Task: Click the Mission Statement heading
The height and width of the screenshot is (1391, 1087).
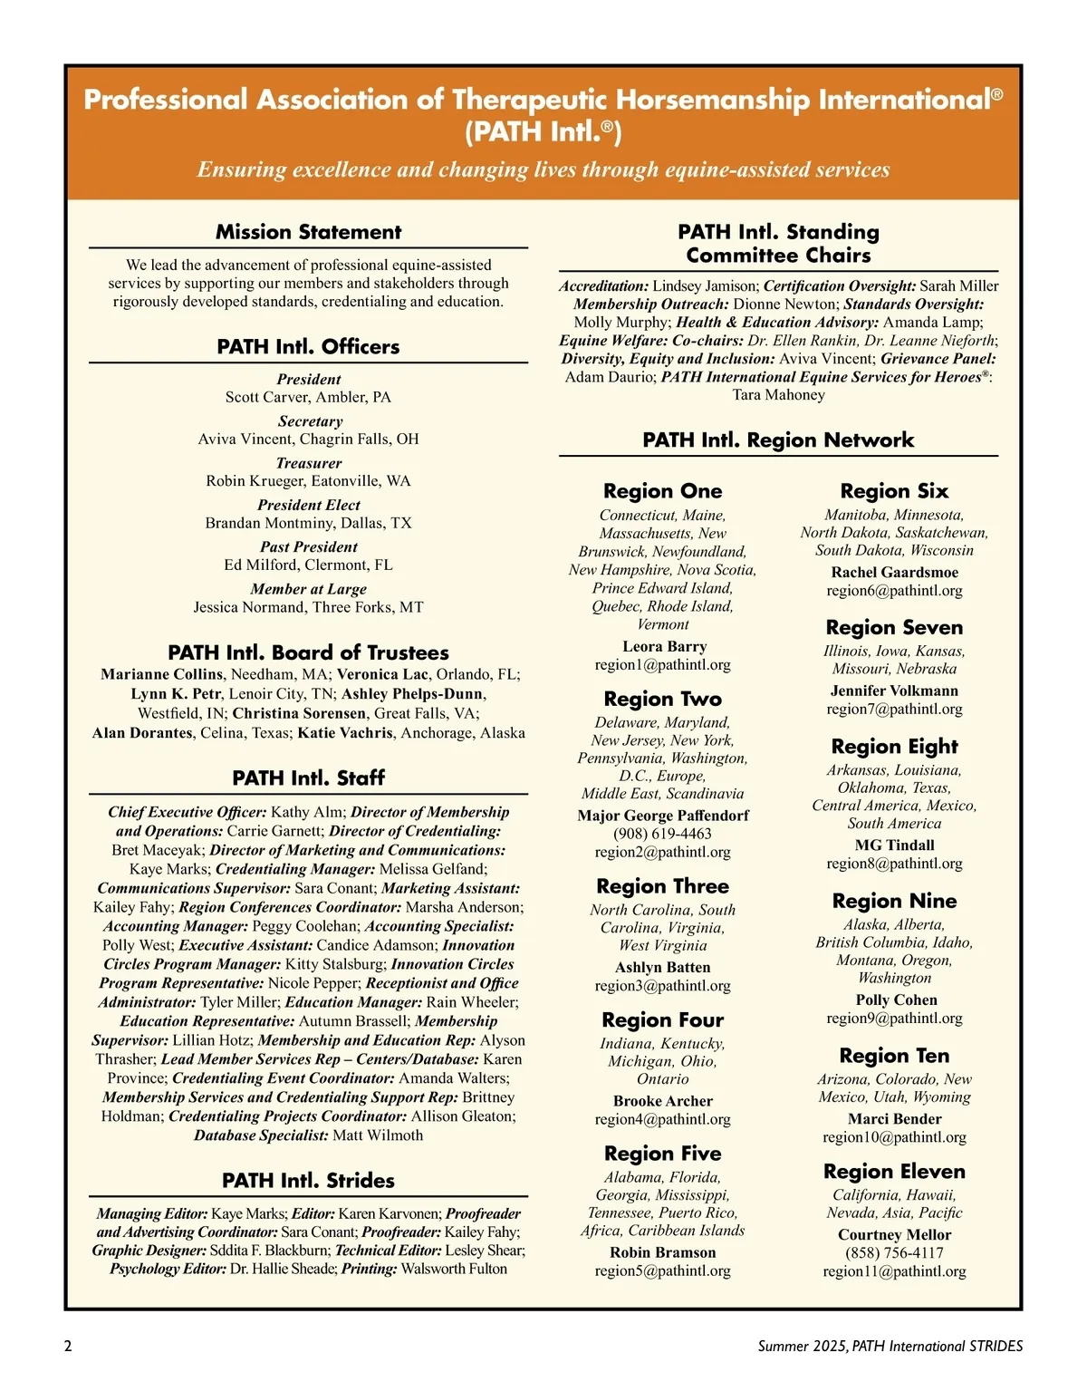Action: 308,232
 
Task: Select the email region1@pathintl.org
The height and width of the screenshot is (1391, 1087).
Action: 662,664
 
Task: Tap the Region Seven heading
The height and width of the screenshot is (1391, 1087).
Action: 894,627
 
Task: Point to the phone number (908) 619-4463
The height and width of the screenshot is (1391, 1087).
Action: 662,834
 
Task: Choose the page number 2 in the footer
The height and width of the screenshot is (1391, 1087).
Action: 68,1346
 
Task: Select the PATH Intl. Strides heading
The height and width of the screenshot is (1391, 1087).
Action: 308,1180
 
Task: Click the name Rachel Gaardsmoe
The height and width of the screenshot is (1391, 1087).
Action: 894,572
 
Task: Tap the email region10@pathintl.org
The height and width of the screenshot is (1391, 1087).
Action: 894,1136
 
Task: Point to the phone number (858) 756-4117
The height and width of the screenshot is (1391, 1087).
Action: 894,1252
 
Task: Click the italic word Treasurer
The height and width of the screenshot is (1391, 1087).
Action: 308,463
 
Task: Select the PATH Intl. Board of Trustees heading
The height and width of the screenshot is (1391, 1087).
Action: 308,652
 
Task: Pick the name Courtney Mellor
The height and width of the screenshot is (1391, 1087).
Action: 894,1234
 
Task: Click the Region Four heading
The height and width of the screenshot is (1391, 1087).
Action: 662,1019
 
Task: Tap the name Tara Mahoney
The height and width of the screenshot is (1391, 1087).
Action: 778,394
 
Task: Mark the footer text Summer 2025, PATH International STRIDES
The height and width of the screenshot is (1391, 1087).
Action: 890,1346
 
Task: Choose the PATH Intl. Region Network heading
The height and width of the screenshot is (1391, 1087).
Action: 778,440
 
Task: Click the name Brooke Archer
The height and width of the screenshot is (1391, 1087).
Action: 662,1101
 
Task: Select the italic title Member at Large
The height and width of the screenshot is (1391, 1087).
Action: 308,589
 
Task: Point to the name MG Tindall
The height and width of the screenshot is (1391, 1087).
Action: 894,845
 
